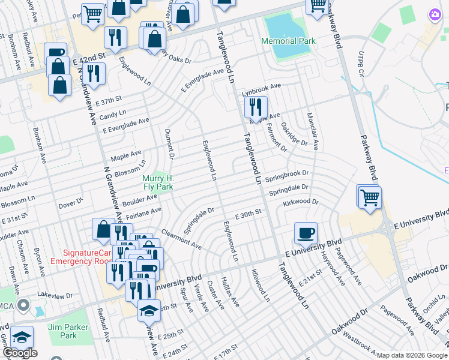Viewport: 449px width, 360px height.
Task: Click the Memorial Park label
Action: [288, 41]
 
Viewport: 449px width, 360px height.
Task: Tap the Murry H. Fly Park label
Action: [158, 182]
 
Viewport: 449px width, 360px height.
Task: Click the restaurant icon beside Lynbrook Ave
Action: [256, 109]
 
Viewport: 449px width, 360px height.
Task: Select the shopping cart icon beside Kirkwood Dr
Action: [370, 197]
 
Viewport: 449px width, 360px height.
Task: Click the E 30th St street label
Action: [249, 213]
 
